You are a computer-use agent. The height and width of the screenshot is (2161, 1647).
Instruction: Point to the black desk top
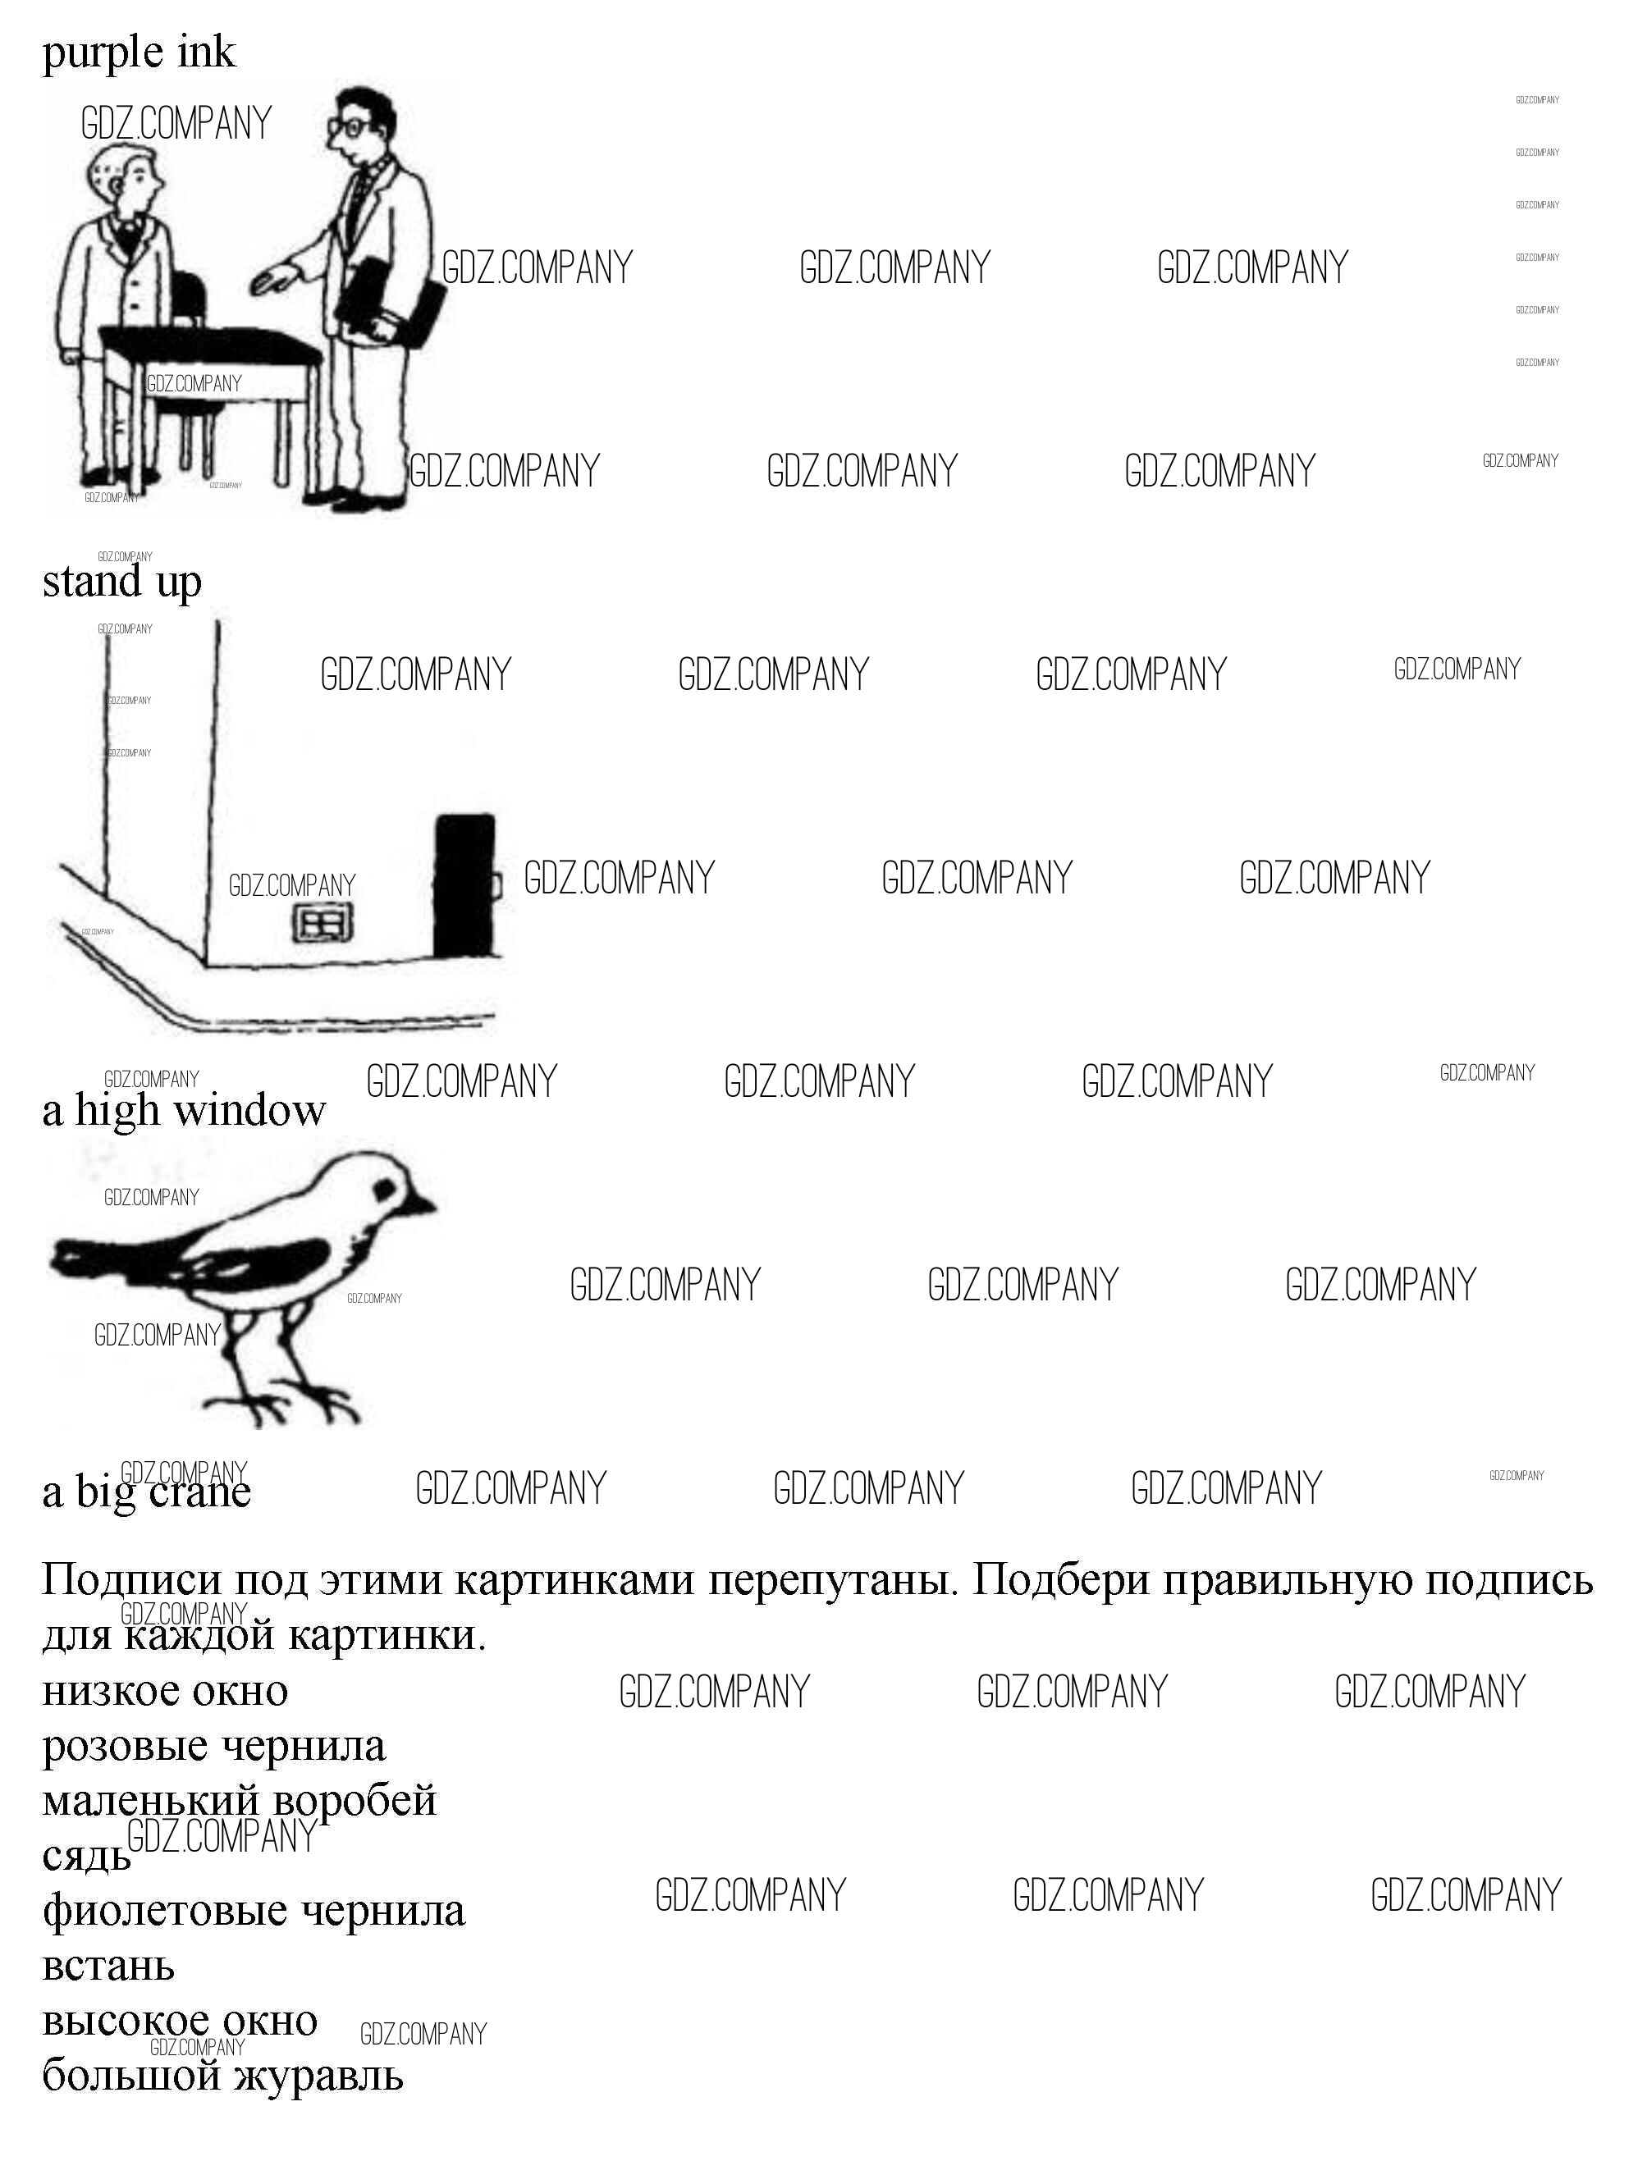(x=211, y=347)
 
